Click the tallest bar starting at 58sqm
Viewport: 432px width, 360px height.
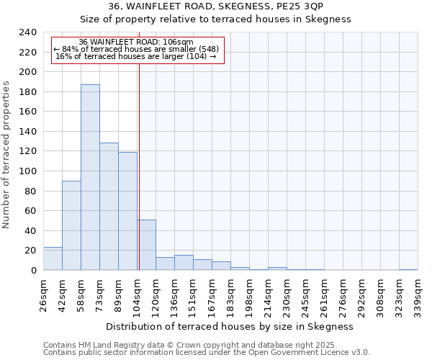[90, 177]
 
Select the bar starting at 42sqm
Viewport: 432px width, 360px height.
[71, 225]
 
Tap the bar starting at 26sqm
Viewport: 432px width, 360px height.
[53, 258]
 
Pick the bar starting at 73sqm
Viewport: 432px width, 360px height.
[109, 207]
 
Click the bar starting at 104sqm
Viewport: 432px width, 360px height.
[146, 245]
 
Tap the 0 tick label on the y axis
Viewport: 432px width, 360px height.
[34, 270]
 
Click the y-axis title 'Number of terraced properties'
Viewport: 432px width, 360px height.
[7, 155]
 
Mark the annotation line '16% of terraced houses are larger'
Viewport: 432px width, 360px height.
[135, 56]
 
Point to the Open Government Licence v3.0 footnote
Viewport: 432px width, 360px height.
[207, 352]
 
